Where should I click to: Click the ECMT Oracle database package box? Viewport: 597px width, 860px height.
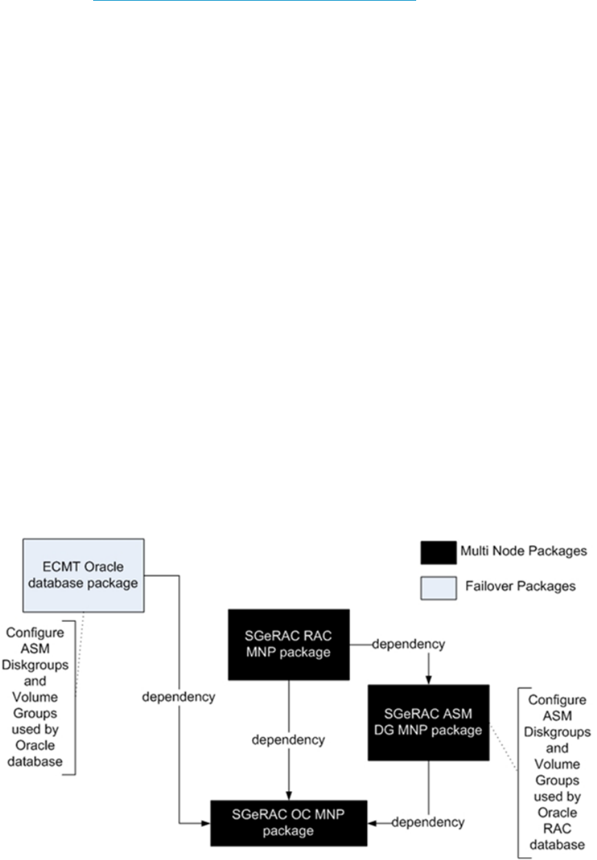click(84, 575)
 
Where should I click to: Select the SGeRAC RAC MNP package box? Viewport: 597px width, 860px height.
click(288, 644)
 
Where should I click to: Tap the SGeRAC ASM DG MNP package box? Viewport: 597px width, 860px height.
click(429, 722)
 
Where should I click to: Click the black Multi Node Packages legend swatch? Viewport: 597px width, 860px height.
click(438, 552)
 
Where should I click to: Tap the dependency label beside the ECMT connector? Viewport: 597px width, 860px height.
click(179, 696)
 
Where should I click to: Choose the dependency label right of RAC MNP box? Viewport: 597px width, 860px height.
click(409, 644)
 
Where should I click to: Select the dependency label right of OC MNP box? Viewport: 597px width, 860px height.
click(428, 822)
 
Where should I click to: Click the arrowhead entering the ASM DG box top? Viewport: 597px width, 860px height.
click(429, 679)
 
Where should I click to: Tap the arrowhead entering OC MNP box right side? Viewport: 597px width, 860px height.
click(373, 823)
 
